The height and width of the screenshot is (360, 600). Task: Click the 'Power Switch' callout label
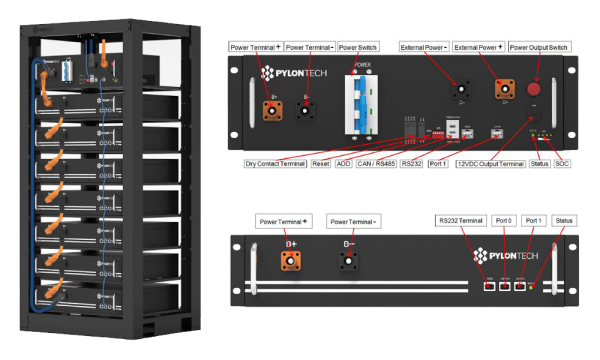357,47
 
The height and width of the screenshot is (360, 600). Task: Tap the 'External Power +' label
478,47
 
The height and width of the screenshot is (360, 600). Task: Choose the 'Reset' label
321,163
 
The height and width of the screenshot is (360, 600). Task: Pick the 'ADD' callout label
344,163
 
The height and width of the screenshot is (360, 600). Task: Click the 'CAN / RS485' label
376,163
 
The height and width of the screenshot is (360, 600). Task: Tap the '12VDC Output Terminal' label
490,163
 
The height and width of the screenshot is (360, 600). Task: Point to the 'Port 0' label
505,220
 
